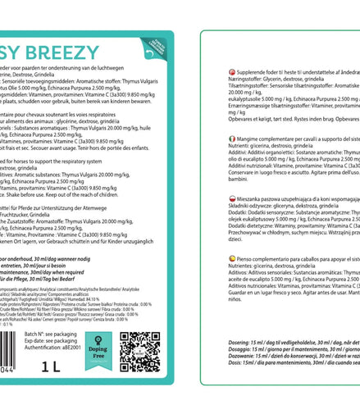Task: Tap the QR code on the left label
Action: coord(139,352)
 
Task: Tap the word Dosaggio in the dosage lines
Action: coord(222,349)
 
